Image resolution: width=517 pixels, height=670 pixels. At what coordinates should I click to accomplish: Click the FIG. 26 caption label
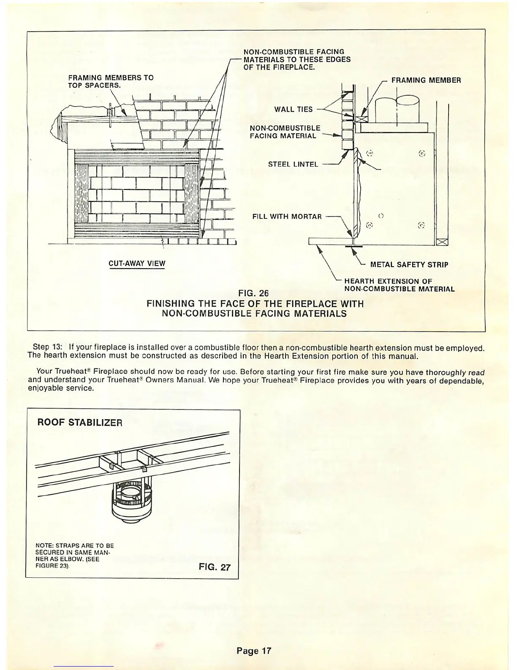coord(253,293)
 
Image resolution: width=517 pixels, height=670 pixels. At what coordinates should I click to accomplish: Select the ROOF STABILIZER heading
coord(80,423)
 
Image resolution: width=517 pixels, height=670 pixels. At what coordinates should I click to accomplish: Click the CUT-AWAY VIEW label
coord(137,264)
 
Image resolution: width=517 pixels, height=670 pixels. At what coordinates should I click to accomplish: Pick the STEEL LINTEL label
coord(293,164)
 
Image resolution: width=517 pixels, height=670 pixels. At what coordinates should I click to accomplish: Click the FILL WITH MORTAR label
coord(287,217)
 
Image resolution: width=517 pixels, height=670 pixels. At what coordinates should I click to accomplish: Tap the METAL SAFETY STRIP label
coord(409,265)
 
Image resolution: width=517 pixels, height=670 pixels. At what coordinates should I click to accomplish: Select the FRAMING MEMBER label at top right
coord(426,80)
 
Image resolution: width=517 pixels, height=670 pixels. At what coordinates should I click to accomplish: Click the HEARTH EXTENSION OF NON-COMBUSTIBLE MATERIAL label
coord(399,286)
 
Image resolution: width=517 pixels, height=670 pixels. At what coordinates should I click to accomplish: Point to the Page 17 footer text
coord(253,651)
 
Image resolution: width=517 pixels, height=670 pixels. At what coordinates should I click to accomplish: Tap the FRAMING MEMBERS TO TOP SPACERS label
coord(111,81)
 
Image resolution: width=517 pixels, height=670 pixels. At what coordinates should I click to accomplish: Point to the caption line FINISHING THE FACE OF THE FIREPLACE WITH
coord(255,304)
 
